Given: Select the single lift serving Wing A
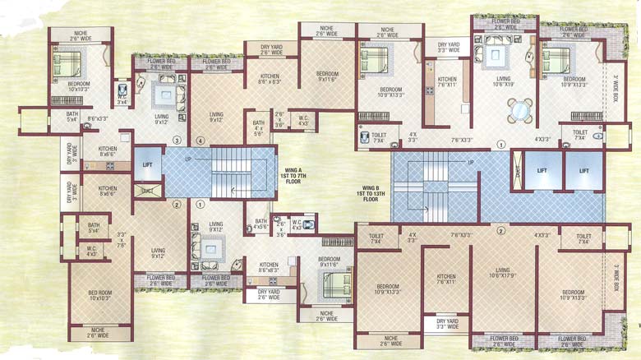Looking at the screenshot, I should point(147,164).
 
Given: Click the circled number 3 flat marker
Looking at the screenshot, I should point(176,141).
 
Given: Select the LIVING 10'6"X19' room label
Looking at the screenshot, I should point(503,81).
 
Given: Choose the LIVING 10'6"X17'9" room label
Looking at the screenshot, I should point(502,273).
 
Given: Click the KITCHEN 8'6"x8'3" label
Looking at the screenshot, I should point(267,267).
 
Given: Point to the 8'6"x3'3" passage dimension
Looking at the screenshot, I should point(97,119).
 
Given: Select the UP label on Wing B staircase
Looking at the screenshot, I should point(471,163).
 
